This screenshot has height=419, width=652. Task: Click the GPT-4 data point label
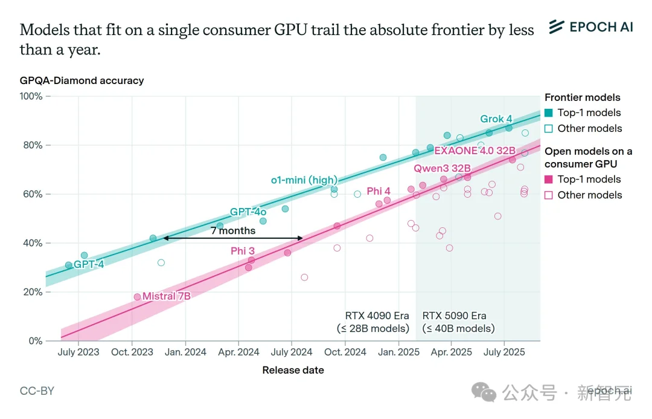click(89, 264)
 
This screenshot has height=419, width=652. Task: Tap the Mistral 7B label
click(166, 296)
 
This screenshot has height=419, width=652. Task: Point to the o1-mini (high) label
click(304, 180)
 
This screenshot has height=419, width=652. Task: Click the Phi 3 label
click(243, 251)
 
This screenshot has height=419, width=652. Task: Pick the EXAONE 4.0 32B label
click(475, 151)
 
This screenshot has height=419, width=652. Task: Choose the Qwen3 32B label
click(442, 167)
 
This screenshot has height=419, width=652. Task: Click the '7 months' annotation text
click(233, 230)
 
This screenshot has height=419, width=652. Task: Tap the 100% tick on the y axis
click(31, 96)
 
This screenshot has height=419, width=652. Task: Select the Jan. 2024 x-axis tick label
click(186, 352)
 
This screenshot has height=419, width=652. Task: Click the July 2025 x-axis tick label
click(505, 352)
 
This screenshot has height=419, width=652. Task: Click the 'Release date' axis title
click(293, 370)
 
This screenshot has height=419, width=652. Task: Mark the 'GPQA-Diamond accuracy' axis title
click(81, 80)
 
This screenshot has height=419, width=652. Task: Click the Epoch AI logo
click(590, 27)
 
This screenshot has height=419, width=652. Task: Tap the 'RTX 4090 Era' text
click(377, 316)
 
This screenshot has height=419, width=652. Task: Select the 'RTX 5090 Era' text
click(454, 316)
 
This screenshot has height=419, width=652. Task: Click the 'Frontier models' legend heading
click(582, 97)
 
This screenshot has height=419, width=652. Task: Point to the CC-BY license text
click(37, 391)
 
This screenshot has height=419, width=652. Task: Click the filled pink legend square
click(548, 179)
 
